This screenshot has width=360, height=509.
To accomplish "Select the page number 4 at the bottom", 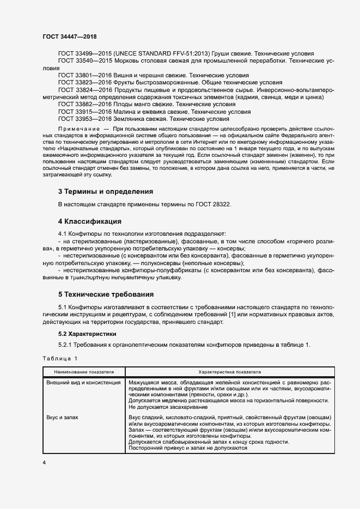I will click(44, 462).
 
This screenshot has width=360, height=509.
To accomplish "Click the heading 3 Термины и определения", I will click(105, 192).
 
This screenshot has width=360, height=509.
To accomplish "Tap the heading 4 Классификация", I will click(89, 222).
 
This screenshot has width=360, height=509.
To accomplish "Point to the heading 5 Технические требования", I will click(106, 295).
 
